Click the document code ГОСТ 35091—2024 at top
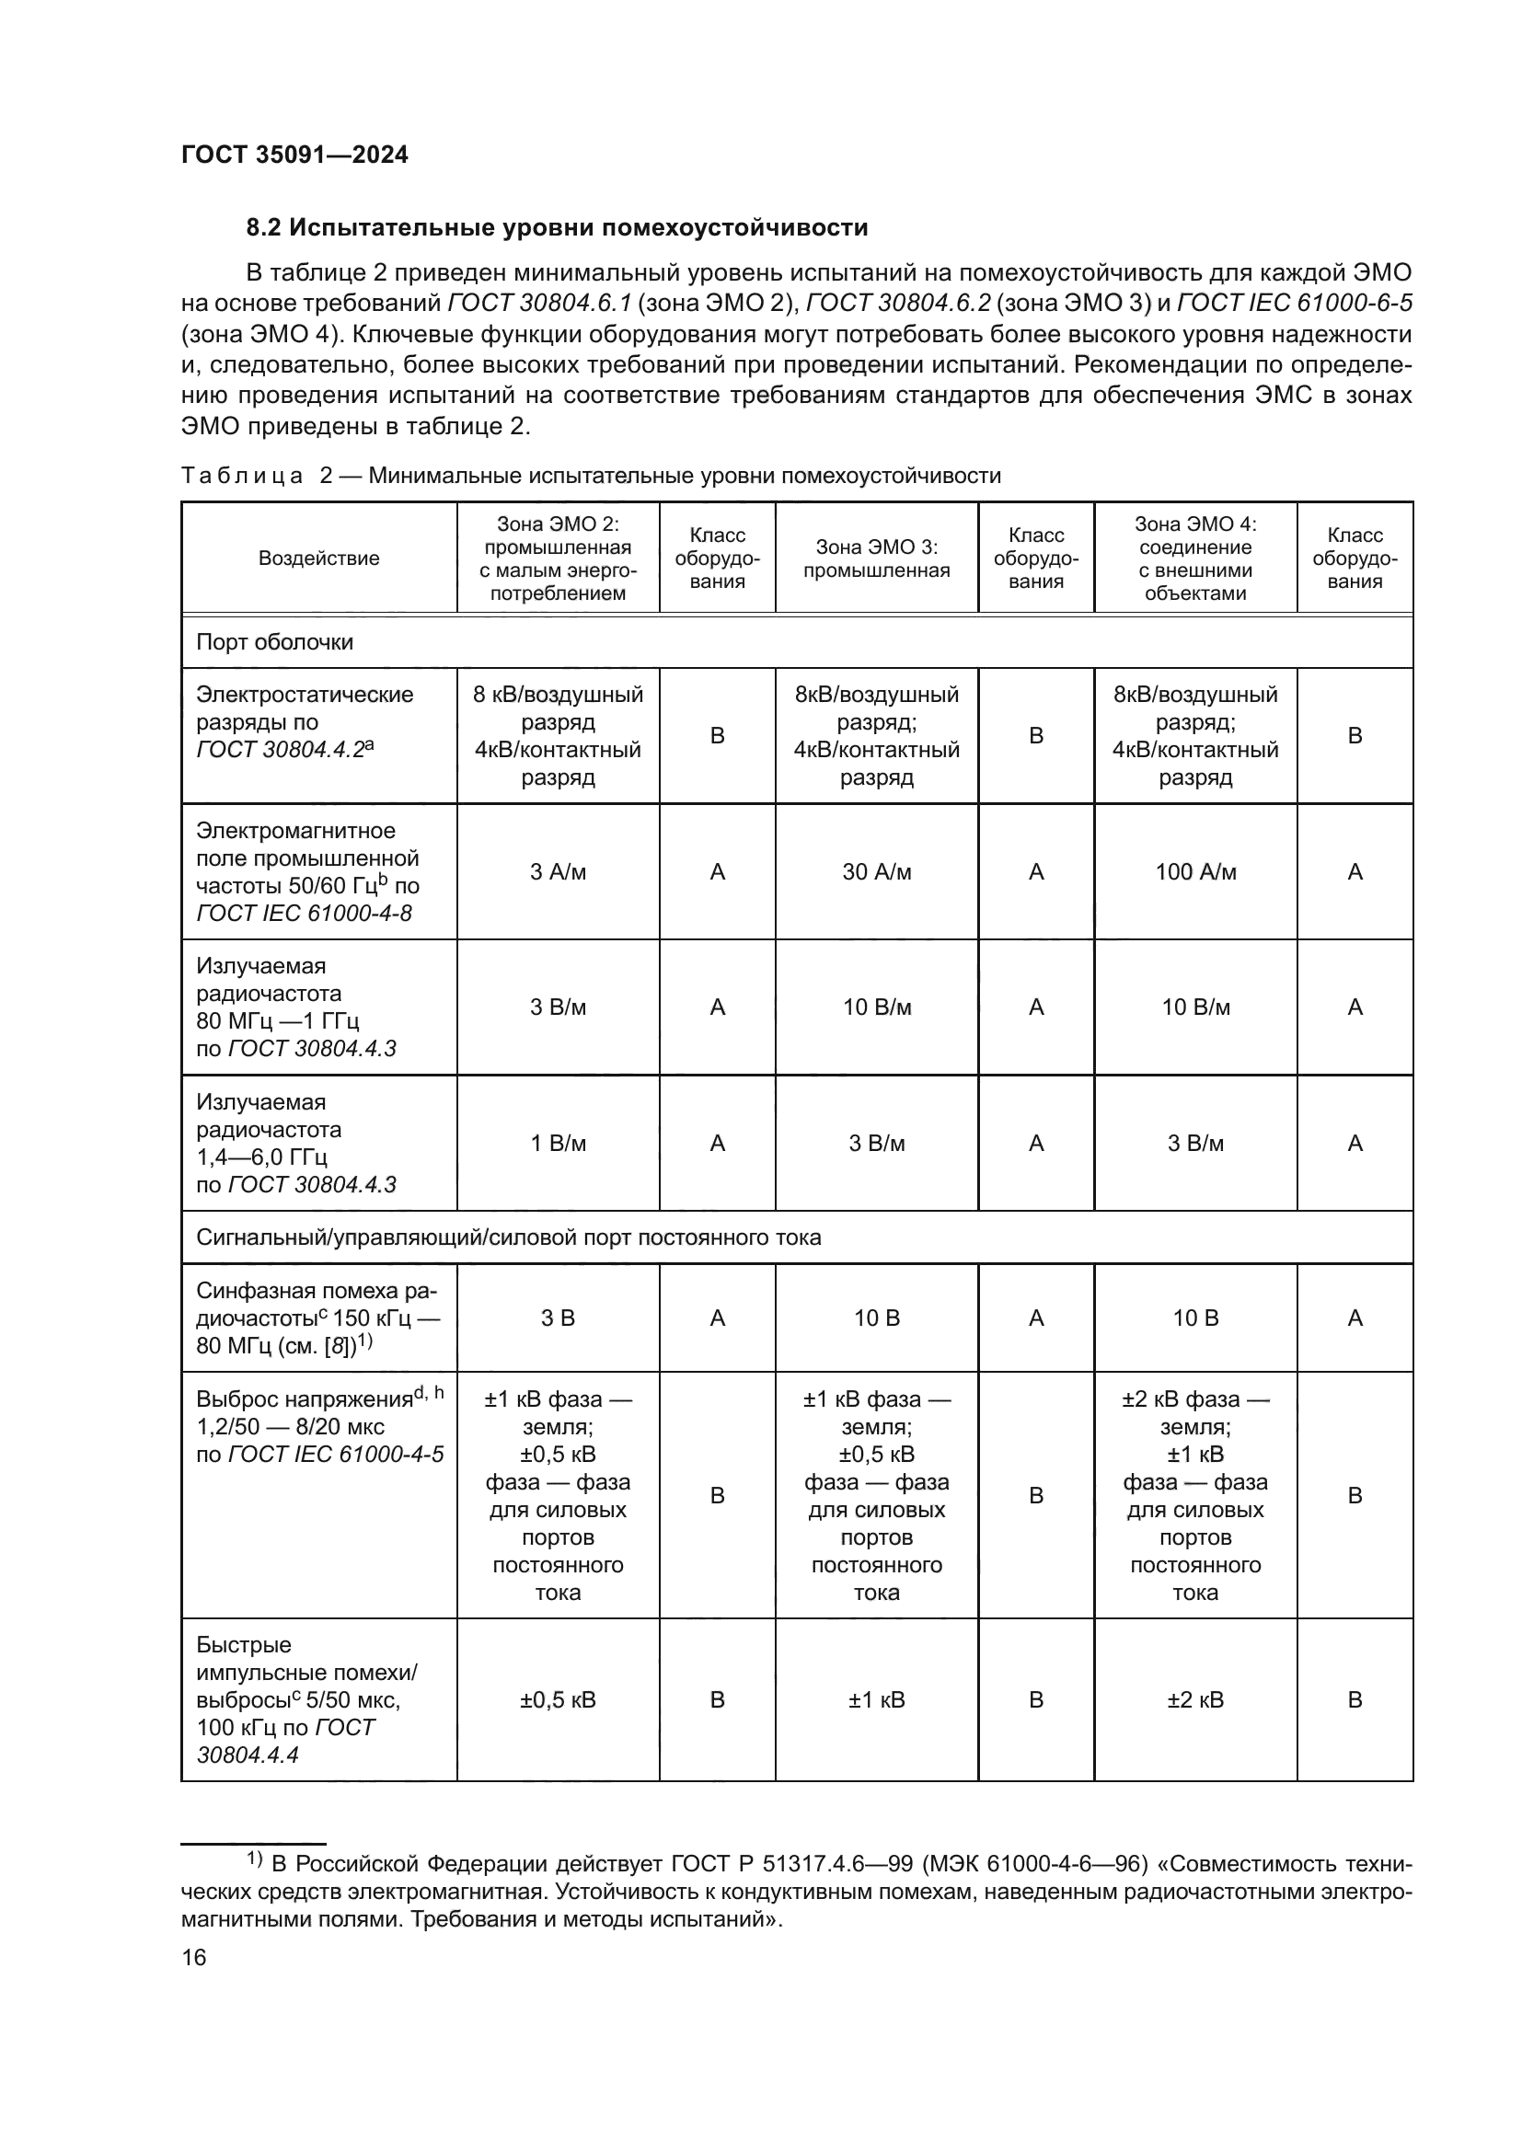click(294, 155)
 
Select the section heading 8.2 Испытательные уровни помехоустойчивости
click(557, 228)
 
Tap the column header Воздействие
click(318, 558)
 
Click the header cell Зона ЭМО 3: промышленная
click(876, 558)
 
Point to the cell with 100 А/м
click(1195, 871)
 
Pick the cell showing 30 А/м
click(876, 871)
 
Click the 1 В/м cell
click(558, 1143)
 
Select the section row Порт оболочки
click(274, 642)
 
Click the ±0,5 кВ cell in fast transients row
click(558, 1699)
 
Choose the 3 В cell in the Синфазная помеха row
click(558, 1318)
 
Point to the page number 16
click(194, 1957)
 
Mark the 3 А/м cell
click(558, 871)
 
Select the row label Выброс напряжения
click(305, 1399)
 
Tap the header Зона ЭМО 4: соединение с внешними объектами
click(1195, 558)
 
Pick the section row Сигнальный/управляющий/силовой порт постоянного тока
click(509, 1237)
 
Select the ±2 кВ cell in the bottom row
click(1195, 1699)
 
